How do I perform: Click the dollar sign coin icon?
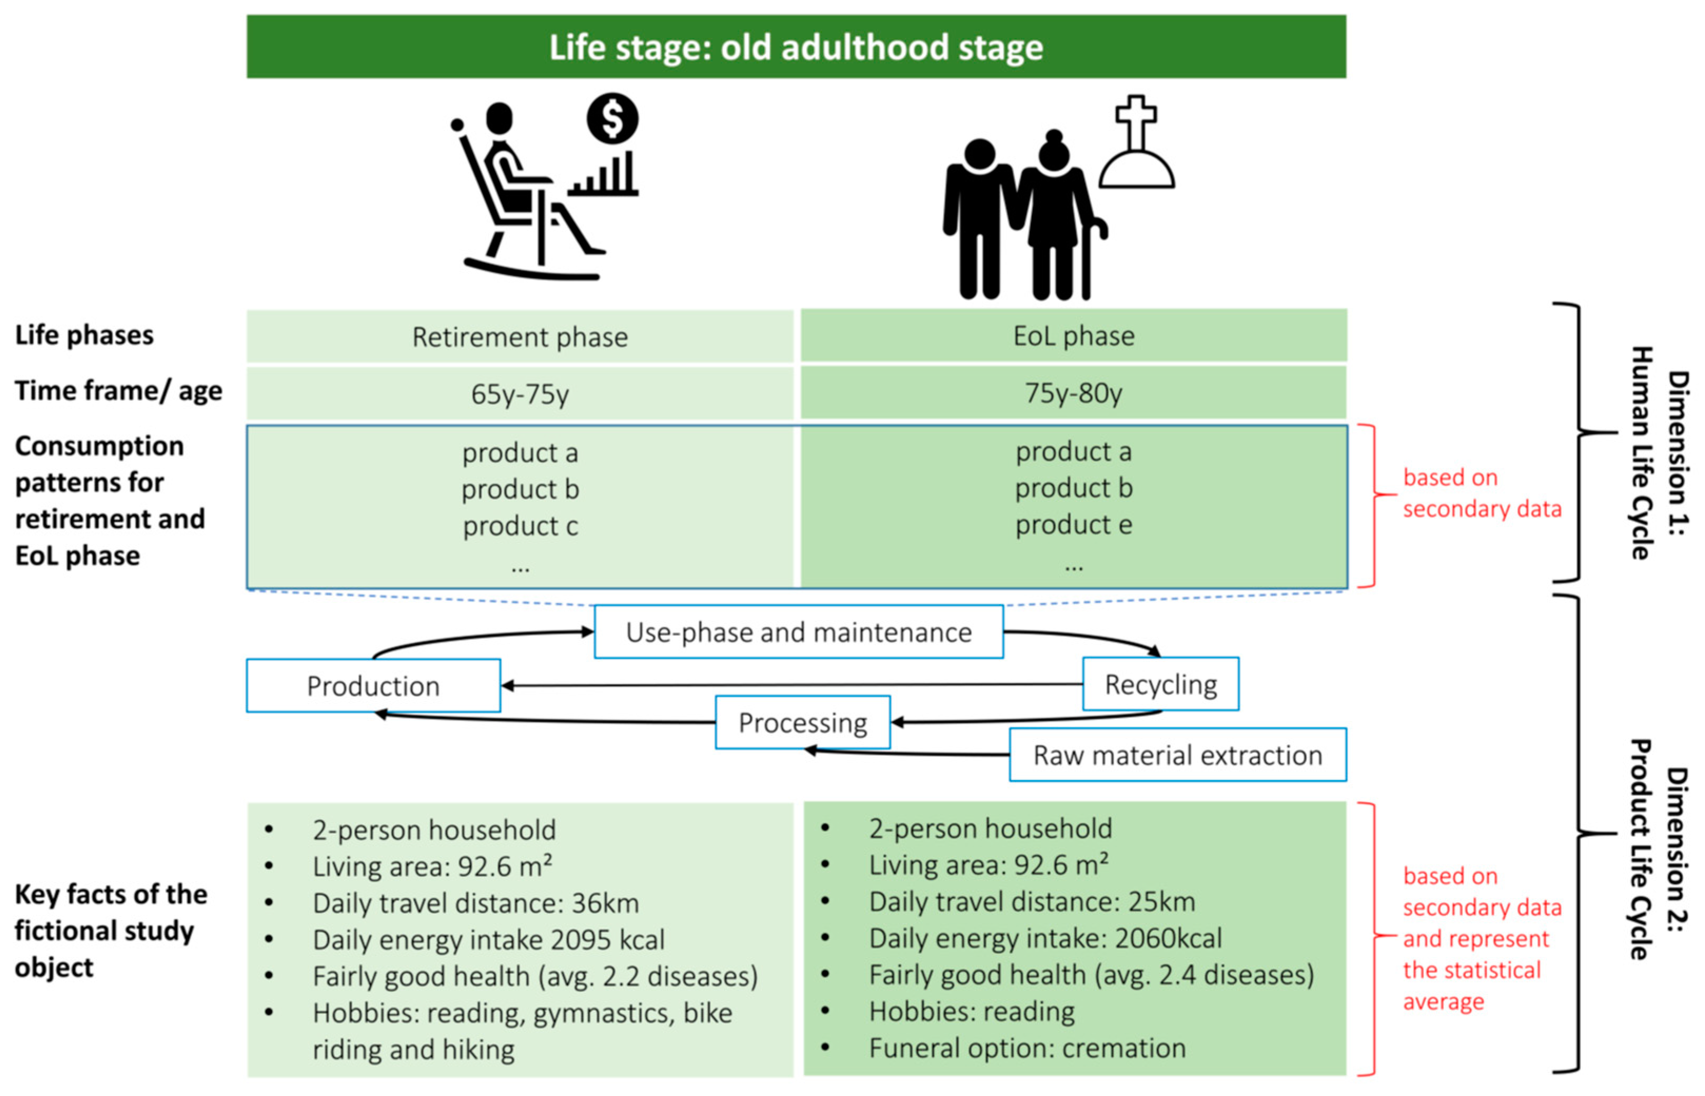[x=612, y=118]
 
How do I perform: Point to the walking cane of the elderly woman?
[x=1089, y=256]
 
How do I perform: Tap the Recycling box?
[x=1160, y=684]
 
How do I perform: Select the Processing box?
[x=802, y=723]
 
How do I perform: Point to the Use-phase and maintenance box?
[x=799, y=632]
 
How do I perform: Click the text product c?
[x=520, y=526]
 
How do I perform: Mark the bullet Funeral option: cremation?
[x=1026, y=1048]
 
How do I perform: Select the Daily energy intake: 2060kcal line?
[x=1044, y=937]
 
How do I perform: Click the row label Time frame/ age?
[x=118, y=391]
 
